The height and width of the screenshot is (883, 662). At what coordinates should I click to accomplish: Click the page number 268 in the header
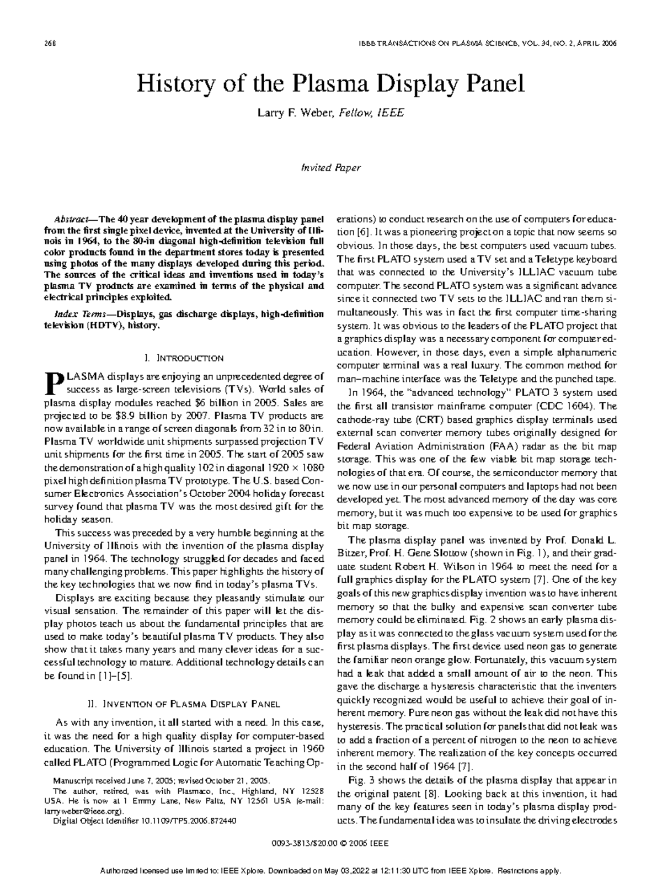(x=50, y=43)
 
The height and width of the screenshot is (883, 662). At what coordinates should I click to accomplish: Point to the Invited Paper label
(x=330, y=168)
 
